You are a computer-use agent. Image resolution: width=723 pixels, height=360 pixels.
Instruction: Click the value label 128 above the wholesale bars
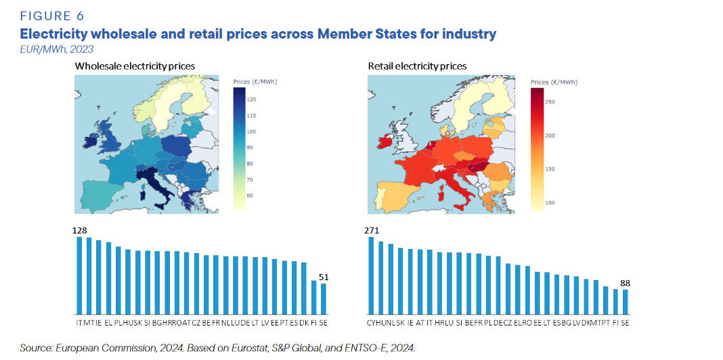(x=79, y=230)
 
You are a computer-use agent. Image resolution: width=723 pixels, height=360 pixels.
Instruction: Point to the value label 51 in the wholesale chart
(x=324, y=277)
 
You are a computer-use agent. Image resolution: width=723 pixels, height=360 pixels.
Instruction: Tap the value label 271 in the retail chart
(x=372, y=230)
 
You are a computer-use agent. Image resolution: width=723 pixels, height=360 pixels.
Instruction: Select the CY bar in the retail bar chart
(x=371, y=275)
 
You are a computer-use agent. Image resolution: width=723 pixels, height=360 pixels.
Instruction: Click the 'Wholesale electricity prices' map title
(x=135, y=66)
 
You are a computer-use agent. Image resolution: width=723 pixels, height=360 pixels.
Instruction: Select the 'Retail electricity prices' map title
(x=417, y=66)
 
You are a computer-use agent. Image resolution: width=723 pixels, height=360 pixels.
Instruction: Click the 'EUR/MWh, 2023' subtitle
(x=57, y=49)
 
